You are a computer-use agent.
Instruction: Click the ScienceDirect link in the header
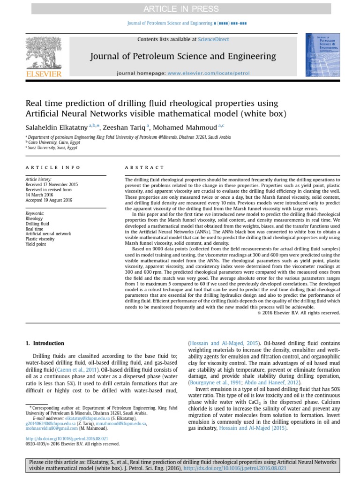point(214,40)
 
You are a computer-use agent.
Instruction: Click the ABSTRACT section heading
point(144,167)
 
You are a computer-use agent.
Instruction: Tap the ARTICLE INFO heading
point(52,167)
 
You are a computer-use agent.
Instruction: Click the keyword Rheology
point(34,219)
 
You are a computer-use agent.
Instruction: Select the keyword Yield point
point(36,243)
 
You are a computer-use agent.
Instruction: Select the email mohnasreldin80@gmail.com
point(52,428)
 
